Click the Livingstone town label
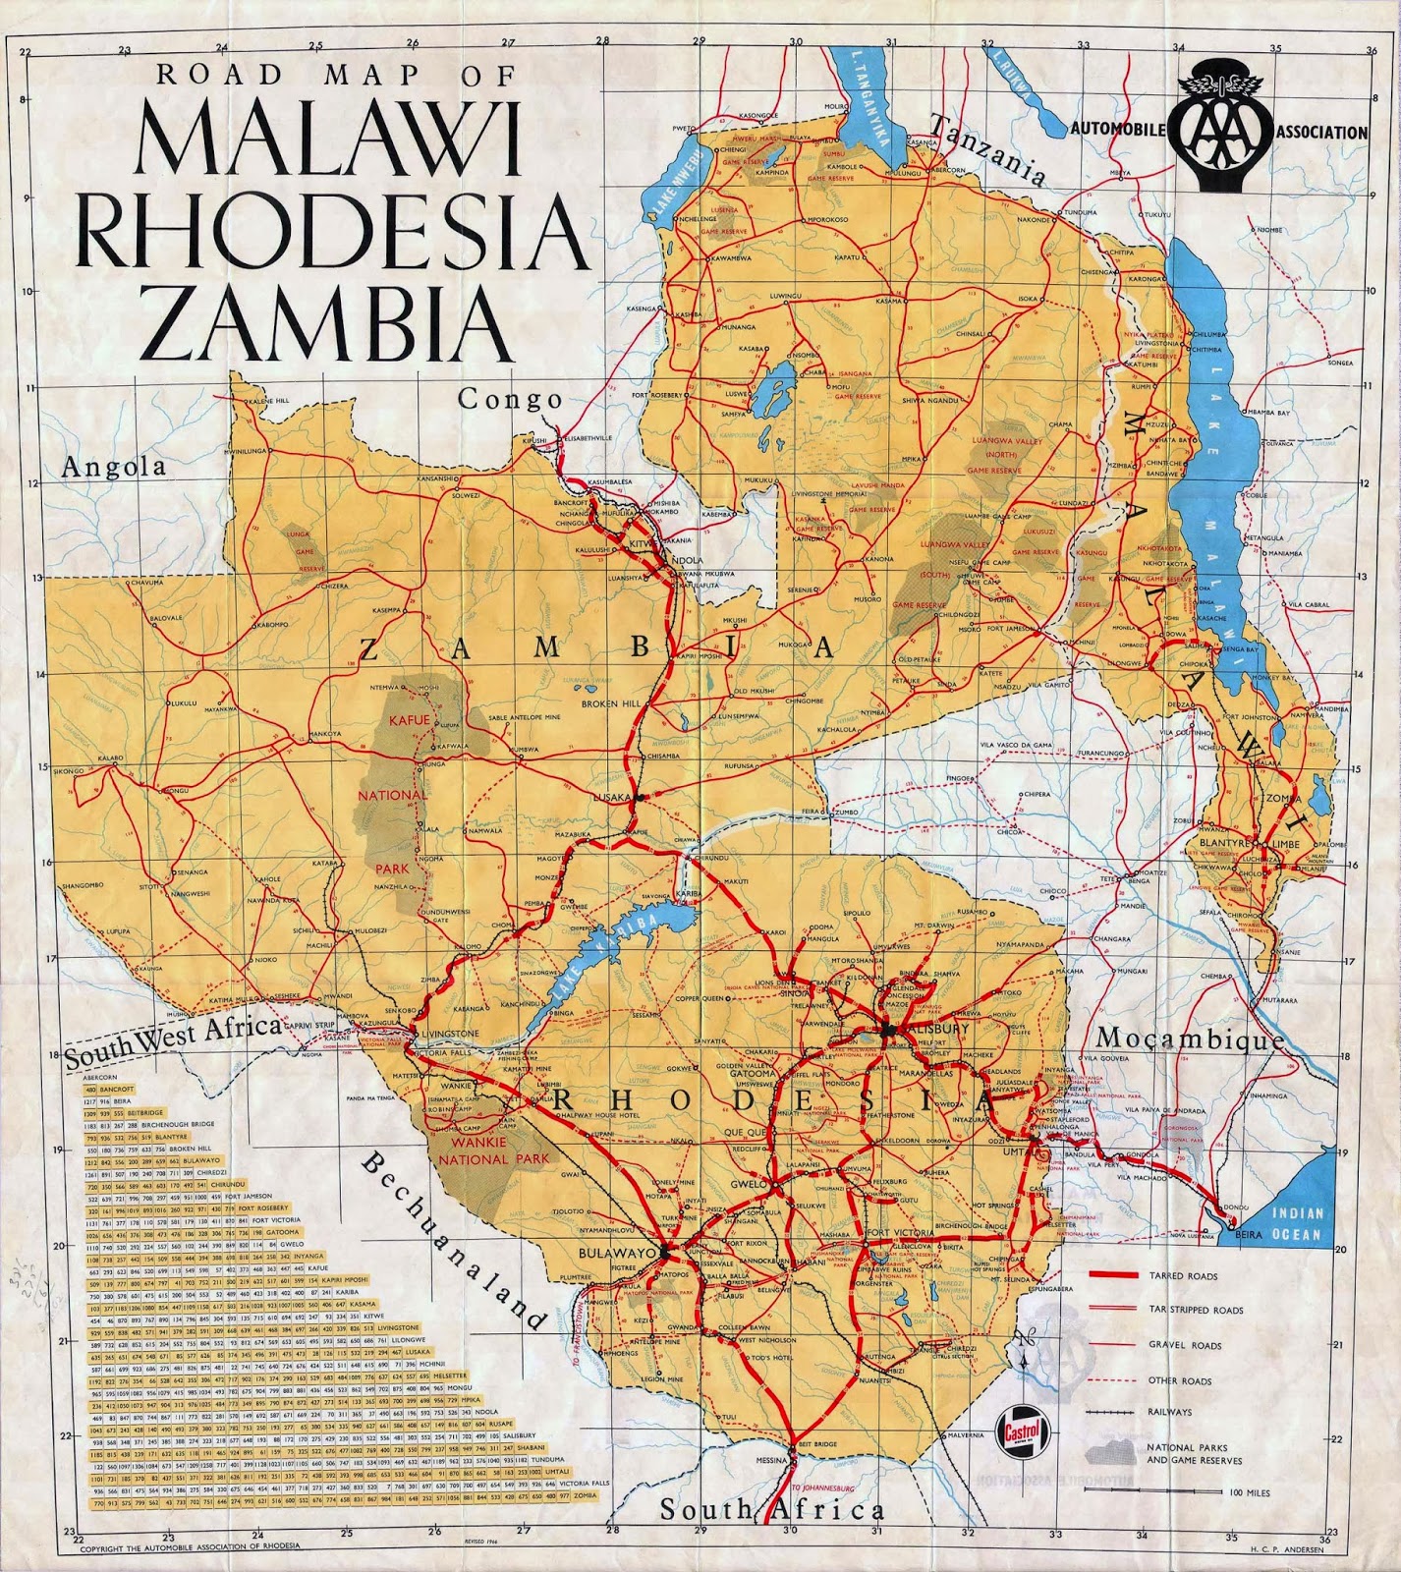(450, 1034)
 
